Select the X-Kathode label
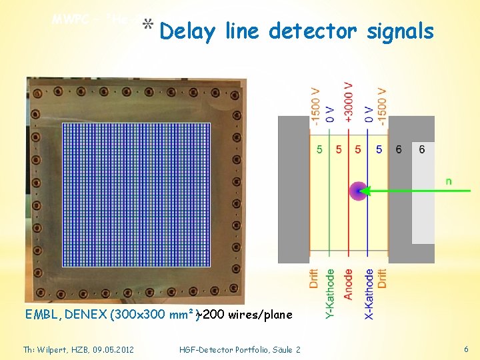click(369, 294)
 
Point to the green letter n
click(448, 180)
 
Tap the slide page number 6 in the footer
click(466, 349)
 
